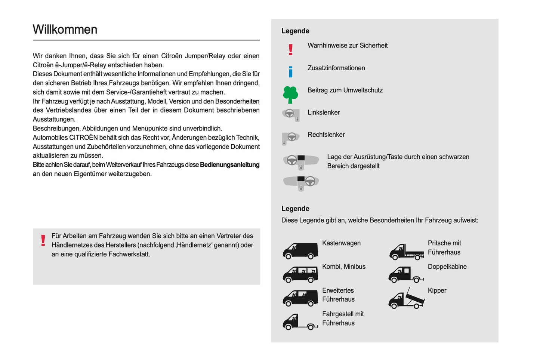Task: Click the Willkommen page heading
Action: coord(65,30)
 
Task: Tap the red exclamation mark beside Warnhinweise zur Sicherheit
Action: coord(290,49)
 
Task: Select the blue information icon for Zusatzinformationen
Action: coord(290,71)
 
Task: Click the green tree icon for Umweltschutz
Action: coord(290,95)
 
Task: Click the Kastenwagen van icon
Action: coord(300,251)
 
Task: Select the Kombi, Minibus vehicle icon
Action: coord(300,274)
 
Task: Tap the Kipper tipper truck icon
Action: coord(406,299)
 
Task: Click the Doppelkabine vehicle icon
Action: coord(405,275)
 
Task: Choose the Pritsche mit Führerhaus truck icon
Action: coord(406,252)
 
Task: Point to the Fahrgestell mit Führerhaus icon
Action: coord(300,322)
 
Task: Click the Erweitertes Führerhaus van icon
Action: coord(300,298)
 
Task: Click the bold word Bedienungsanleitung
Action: coord(229,165)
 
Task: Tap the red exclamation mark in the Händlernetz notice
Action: coord(43,240)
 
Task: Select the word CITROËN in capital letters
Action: coord(83,138)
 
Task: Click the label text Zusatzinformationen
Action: coord(336,68)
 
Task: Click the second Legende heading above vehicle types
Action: coord(295,209)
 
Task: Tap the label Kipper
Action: coord(437,290)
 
